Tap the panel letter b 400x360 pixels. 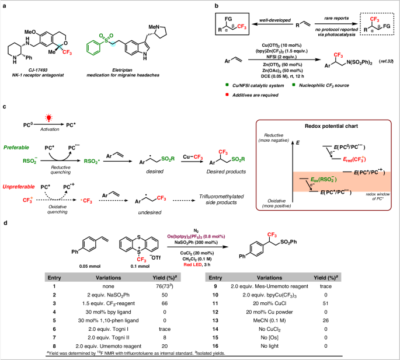point(202,5)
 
